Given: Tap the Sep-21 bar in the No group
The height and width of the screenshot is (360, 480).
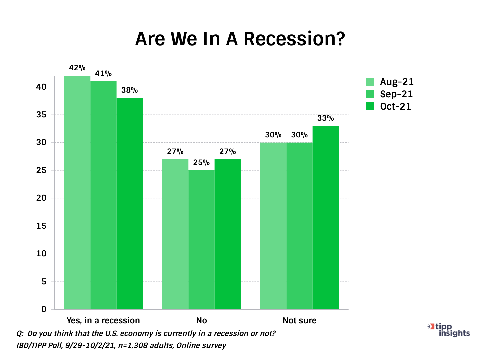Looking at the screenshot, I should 201,240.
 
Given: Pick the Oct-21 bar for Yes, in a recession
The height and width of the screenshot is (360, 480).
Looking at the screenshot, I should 130,203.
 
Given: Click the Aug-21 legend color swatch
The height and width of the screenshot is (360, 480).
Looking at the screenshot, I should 370,82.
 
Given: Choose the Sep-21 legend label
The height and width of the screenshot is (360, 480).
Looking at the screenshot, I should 396,94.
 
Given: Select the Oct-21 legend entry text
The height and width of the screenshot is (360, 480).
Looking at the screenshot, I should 396,107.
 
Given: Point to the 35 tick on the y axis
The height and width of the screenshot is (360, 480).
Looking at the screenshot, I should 41,115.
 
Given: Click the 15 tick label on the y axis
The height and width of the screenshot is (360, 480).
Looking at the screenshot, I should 41,226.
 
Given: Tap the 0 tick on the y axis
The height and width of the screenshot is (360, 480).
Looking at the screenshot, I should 44,309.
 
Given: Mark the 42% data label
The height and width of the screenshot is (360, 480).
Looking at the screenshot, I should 77,68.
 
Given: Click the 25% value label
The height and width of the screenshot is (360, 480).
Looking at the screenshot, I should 201,163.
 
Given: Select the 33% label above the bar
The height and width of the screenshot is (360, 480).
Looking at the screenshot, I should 326,118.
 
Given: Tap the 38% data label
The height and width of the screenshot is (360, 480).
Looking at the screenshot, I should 130,90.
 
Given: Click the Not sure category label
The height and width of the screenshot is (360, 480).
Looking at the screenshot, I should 299,321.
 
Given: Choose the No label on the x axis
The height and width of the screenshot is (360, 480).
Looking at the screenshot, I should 201,321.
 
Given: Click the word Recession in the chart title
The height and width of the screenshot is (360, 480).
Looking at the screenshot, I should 294,39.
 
